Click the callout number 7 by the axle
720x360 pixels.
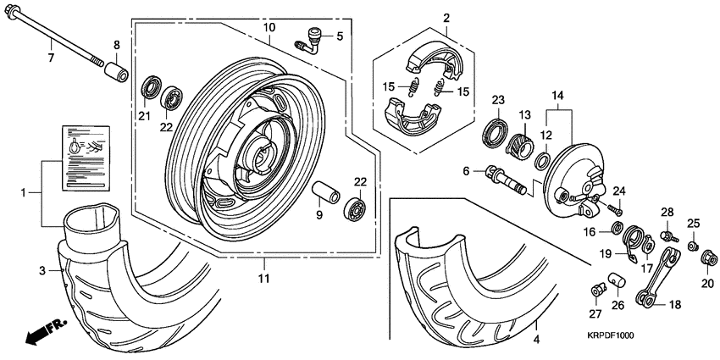pos(50,58)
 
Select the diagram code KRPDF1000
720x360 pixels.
pos(611,335)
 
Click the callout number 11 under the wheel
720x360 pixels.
pos(263,278)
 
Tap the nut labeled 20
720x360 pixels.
pos(706,255)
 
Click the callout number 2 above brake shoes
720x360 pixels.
pos(446,18)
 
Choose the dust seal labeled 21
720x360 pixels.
pos(152,87)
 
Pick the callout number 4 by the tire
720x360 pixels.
pos(535,340)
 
